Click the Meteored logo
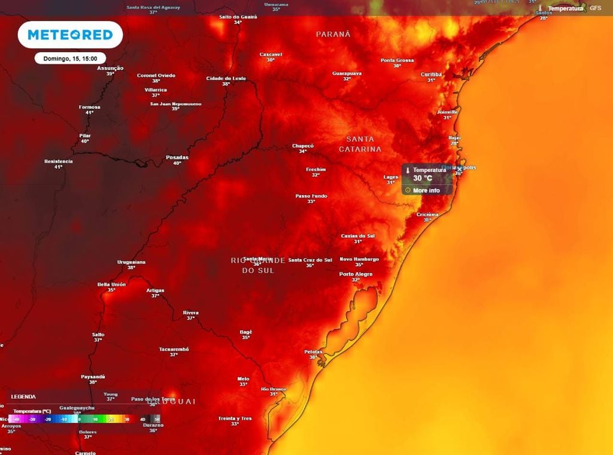point(70,35)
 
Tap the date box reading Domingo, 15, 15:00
point(70,58)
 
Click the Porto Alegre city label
point(356,274)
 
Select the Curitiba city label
point(431,74)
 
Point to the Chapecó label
point(303,145)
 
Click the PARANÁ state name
point(333,34)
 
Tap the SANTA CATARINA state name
point(360,144)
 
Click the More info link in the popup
point(426,190)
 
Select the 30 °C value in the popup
point(423,178)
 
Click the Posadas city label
point(177,157)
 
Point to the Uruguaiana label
point(131,262)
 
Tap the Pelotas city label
point(313,351)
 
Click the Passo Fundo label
point(311,196)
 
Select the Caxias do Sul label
point(358,236)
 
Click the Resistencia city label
point(59,161)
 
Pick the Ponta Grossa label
point(397,60)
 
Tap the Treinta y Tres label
point(235,418)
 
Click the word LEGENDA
point(23,396)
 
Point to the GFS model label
point(595,8)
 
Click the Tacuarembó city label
point(174,348)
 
